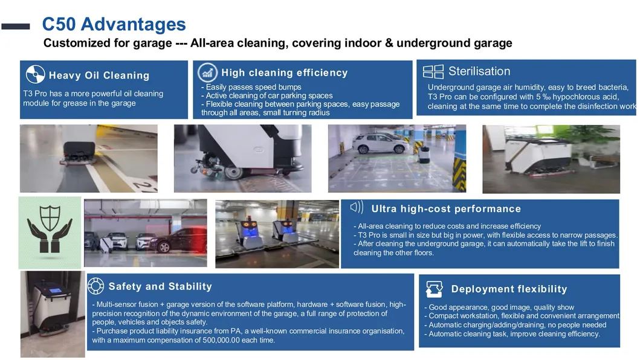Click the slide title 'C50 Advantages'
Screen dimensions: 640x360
point(114,24)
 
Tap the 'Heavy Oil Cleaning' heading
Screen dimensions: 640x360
point(99,75)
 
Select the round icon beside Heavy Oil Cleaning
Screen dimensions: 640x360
point(35,74)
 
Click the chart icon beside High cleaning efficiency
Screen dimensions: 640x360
point(207,72)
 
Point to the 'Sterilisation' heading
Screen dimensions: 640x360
point(479,71)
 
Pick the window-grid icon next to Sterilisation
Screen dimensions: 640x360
point(433,71)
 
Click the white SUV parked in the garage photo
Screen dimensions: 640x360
point(380,143)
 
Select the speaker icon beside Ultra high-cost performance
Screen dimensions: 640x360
point(357,207)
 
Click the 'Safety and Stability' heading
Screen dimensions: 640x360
point(160,286)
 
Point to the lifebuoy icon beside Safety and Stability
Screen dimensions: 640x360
point(95,286)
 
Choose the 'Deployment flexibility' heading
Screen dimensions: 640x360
point(509,289)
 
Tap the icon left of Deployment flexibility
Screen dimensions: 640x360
point(434,289)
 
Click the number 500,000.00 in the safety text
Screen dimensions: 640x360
point(221,340)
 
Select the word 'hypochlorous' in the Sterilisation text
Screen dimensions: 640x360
point(574,97)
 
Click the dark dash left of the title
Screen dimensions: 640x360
point(16,27)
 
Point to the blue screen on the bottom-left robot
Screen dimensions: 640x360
point(54,291)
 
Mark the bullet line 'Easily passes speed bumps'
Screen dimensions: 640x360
point(251,87)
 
